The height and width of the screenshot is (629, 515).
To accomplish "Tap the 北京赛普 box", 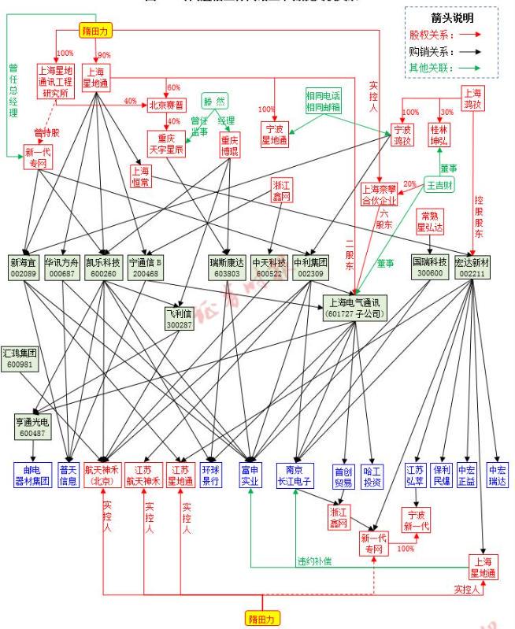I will pos(167,105).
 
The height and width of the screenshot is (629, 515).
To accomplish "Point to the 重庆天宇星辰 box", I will pos(167,143).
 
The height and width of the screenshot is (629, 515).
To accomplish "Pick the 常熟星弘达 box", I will pos(433,220).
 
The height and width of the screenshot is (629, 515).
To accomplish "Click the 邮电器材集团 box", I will pos(31,475).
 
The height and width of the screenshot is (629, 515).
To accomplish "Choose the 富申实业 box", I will pos(250,475).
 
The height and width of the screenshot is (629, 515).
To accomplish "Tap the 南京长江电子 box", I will pos(295,475).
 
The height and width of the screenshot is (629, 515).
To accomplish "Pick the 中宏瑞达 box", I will pos(498,475).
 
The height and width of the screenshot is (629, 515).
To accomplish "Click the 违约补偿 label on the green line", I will pos(314,561).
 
